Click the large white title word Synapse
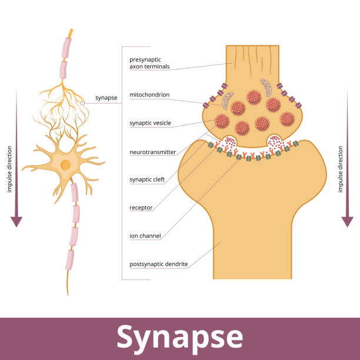[x=179, y=337]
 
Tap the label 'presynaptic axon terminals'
[x=149, y=63]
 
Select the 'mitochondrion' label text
[x=149, y=94]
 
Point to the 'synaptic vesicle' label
[x=150, y=123]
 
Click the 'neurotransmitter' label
[x=152, y=152]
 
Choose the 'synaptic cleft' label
[x=147, y=179]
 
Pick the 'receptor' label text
[x=141, y=207]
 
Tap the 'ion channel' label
[x=145, y=236]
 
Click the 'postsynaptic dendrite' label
[x=159, y=264]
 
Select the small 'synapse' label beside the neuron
[x=106, y=98]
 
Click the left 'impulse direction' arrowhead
[x=16, y=221]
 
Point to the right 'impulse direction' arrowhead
[x=348, y=221]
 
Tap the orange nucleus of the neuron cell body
[x=65, y=165]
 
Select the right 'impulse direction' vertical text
[x=340, y=169]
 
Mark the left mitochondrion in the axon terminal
[x=227, y=99]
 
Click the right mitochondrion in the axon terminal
[x=266, y=88]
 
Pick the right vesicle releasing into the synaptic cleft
[x=275, y=142]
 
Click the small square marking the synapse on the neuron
[x=83, y=103]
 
